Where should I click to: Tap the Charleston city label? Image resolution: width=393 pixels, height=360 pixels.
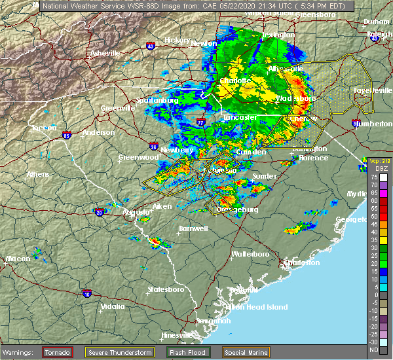click(299, 264)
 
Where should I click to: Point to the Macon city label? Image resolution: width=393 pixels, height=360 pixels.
click(18, 259)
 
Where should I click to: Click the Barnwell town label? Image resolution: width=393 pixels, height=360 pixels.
click(193, 228)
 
